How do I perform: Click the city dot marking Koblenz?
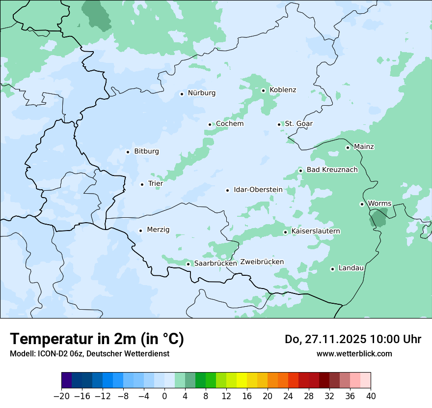pyautogui.click(x=263, y=90)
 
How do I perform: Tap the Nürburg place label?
pyautogui.click(x=201, y=93)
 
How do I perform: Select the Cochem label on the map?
pyautogui.click(x=230, y=124)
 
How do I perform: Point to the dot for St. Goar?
pyautogui.click(x=279, y=124)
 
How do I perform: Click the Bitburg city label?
pyautogui.click(x=146, y=151)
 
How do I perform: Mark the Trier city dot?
pyautogui.click(x=142, y=184)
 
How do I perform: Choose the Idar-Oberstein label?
pyautogui.click(x=258, y=190)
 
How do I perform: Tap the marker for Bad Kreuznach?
pyautogui.click(x=300, y=171)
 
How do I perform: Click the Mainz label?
pyautogui.click(x=364, y=147)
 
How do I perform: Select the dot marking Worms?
pyautogui.click(x=362, y=204)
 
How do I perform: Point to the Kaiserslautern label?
pyautogui.click(x=316, y=231)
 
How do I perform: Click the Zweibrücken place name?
pyautogui.click(x=262, y=262)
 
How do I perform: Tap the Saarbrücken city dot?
pyautogui.click(x=188, y=264)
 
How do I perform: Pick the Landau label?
pyautogui.click(x=351, y=268)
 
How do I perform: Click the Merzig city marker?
pyautogui.click(x=140, y=230)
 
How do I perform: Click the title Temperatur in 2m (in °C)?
pyautogui.click(x=97, y=339)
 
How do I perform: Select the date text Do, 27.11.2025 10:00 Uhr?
pyautogui.click(x=352, y=339)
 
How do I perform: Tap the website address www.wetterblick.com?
pyautogui.click(x=354, y=353)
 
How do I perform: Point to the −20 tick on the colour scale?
pyautogui.click(x=61, y=396)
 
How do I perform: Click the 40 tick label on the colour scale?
pyautogui.click(x=371, y=396)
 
